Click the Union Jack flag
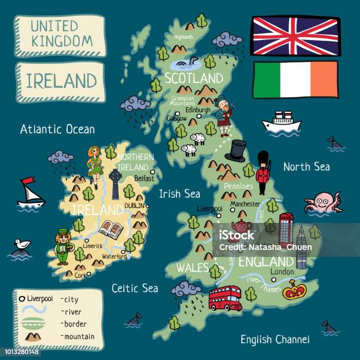coord(295,35)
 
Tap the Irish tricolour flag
coord(295,81)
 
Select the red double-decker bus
coord(225,298)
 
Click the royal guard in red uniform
coord(263,171)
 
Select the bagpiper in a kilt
coord(224,115)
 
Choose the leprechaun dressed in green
coord(62,246)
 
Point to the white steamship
coord(281,122)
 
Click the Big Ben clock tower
coord(301,247)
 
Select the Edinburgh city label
coord(197,110)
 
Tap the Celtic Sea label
coord(134,288)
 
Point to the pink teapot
coord(242,227)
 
